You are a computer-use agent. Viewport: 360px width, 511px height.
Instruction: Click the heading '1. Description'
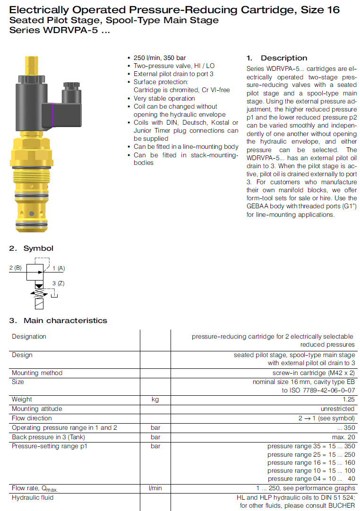pos(277,58)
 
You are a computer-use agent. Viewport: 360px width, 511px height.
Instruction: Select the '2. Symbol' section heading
pos(32,248)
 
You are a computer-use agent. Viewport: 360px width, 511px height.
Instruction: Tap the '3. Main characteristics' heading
pos(58,321)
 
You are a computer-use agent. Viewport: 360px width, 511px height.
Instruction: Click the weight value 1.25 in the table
pos(347,400)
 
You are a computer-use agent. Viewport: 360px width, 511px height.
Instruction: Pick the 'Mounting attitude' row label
pos(37,409)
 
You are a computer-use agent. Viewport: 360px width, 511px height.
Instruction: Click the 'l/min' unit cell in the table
pos(155,488)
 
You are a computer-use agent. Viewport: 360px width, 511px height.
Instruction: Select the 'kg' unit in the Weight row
pos(155,400)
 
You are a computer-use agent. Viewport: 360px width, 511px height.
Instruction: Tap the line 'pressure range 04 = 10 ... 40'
pos(311,479)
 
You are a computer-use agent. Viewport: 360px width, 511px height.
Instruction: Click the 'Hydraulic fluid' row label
pos(33,497)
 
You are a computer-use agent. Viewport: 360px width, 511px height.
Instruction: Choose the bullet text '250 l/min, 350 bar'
pos(160,58)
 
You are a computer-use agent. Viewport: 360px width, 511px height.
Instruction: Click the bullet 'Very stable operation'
pos(164,98)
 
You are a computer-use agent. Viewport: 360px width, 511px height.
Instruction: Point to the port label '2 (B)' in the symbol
pos(16,268)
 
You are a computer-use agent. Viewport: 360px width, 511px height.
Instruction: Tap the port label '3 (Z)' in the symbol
pos(58,283)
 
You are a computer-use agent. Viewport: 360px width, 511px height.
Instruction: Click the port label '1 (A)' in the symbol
pos(59,268)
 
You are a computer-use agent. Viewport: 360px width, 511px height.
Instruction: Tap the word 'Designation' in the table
pos(29,337)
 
